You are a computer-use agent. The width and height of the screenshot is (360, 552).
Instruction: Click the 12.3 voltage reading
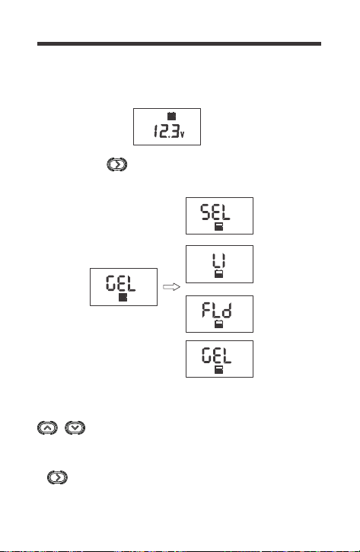(166, 131)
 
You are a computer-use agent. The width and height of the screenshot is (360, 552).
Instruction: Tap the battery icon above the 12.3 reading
(171, 116)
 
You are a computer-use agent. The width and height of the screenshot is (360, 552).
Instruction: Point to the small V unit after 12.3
(182, 134)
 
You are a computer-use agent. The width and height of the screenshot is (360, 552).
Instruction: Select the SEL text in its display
(215, 212)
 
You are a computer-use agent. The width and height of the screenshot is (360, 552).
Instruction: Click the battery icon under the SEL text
(219, 226)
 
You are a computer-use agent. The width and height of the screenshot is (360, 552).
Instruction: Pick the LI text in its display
(219, 261)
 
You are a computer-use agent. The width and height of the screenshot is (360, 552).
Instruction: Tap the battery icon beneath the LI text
(219, 274)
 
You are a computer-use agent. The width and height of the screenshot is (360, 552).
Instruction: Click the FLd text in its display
(217, 310)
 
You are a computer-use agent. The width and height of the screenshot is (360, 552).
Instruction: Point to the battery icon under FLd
(218, 324)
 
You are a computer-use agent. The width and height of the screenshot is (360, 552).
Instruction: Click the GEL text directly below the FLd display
(217, 356)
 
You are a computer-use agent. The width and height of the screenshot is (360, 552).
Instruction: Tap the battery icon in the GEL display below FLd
(219, 369)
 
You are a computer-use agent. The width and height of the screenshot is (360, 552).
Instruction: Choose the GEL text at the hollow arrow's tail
(121, 283)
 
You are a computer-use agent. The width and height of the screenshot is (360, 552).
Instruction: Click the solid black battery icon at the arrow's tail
(123, 297)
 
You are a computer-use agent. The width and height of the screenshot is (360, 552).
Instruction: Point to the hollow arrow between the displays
(171, 287)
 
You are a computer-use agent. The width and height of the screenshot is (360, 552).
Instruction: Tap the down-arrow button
(75, 428)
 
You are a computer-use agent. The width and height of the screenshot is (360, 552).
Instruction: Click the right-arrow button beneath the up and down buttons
(57, 477)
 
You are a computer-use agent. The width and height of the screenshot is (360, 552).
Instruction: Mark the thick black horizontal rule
(179, 43)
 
